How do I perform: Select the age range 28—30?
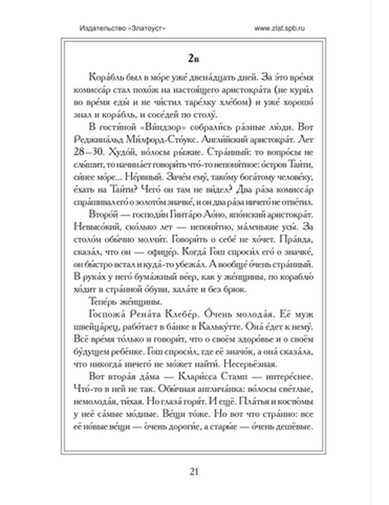[x=88, y=152]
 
